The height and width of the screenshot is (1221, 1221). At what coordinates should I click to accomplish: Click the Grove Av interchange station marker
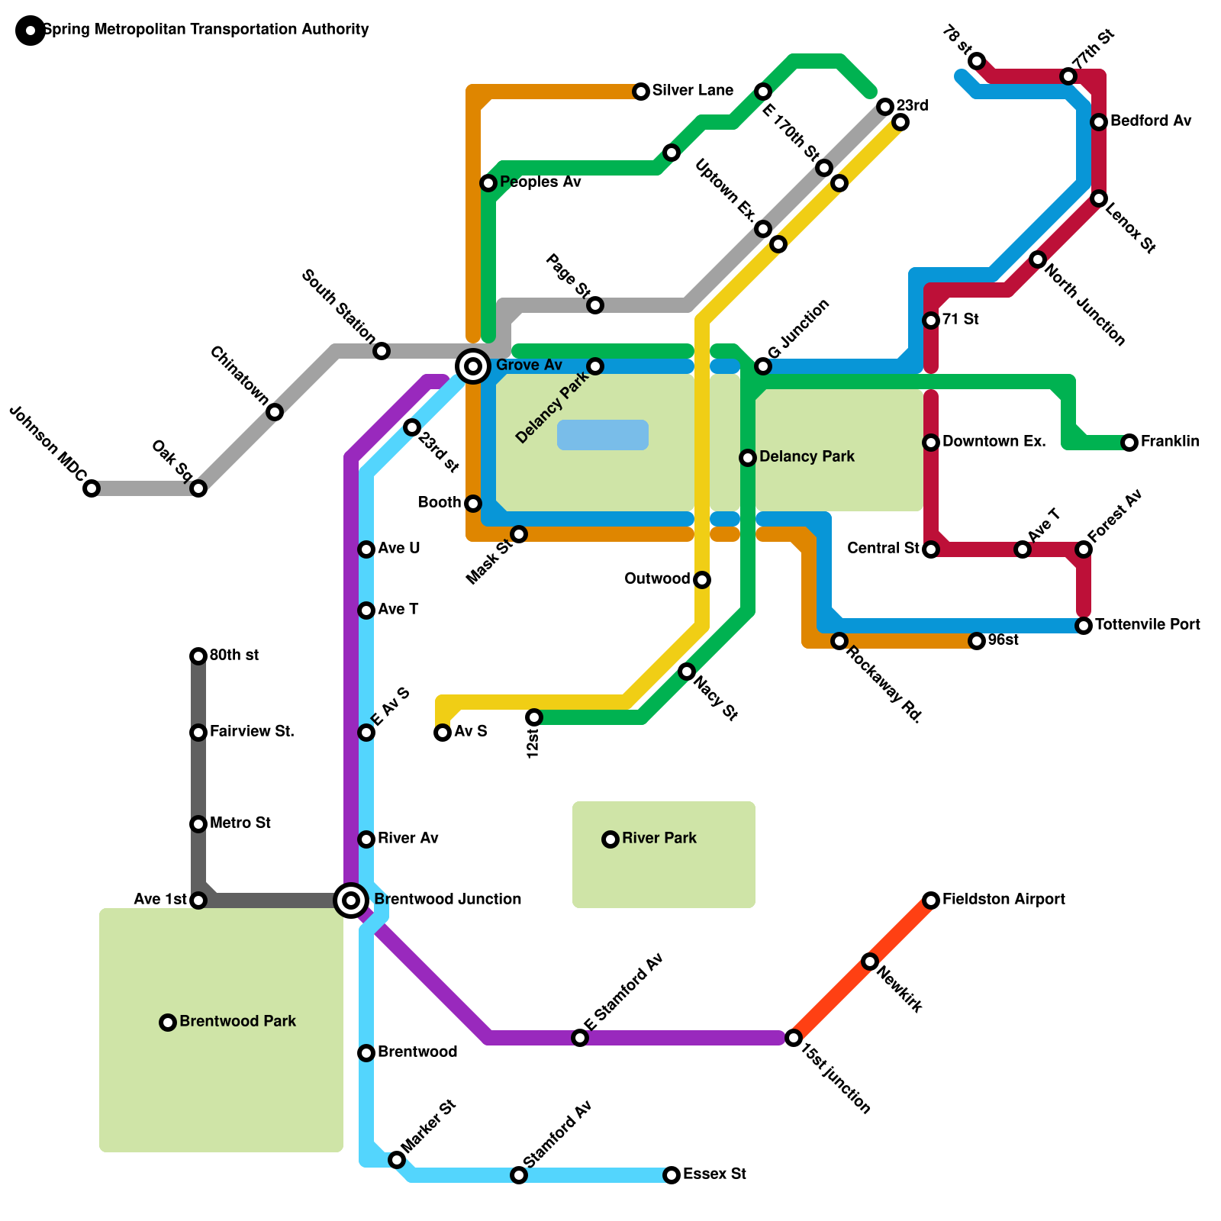coord(473,366)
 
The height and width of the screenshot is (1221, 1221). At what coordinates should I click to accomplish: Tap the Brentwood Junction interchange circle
coord(351,900)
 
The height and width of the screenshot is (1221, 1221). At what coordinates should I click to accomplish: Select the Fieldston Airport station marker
coord(931,900)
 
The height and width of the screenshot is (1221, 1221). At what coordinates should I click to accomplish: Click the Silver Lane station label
coord(692,91)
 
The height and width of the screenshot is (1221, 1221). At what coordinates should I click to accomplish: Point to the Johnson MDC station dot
coord(92,488)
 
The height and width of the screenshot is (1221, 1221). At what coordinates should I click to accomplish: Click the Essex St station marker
coord(672,1175)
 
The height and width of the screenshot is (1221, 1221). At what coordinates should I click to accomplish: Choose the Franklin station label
coord(1170,442)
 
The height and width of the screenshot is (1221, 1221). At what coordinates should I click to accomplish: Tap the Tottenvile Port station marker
coord(1084,626)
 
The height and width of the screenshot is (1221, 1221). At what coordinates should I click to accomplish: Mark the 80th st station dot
coord(198,656)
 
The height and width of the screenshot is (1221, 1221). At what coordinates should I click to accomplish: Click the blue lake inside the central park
coord(603,435)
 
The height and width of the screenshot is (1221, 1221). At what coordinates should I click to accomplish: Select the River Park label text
coord(659,839)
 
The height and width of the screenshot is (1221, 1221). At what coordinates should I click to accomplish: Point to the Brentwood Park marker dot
coord(168,1023)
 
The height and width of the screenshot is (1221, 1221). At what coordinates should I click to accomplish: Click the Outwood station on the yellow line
coord(702,580)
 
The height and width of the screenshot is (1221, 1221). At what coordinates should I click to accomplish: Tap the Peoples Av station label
coord(540,182)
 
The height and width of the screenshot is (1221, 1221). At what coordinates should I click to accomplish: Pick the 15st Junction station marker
coord(794,1038)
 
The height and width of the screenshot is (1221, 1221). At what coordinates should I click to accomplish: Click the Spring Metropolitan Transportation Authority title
coord(206,30)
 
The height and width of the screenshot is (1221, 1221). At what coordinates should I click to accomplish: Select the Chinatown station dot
coord(275,412)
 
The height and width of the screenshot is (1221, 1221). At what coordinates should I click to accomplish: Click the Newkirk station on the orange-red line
coord(870,962)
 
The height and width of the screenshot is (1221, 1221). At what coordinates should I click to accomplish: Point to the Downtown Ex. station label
coord(994,442)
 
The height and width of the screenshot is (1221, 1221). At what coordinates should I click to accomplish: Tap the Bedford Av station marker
coord(1099,122)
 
